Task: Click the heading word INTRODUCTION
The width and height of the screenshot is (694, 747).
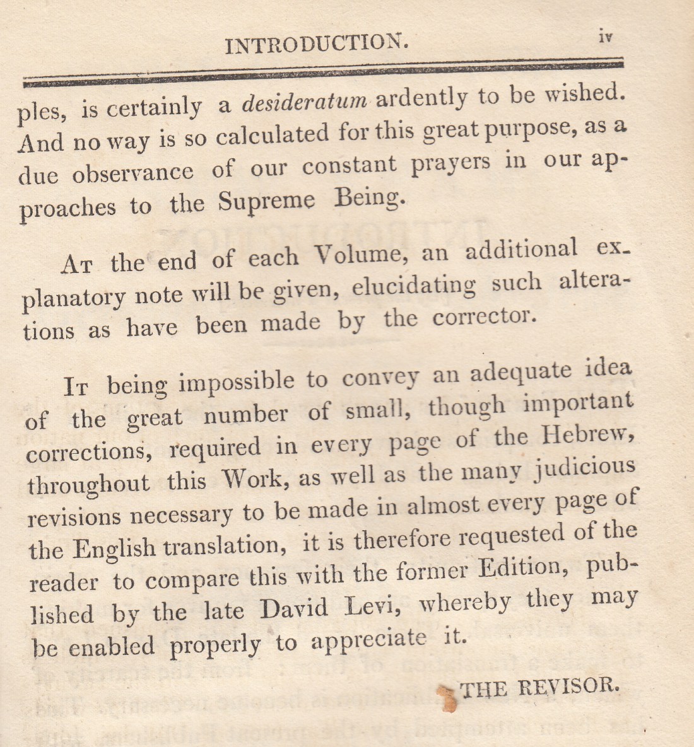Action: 317,43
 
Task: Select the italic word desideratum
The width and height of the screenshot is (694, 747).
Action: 305,101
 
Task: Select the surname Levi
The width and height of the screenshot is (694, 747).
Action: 375,606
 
